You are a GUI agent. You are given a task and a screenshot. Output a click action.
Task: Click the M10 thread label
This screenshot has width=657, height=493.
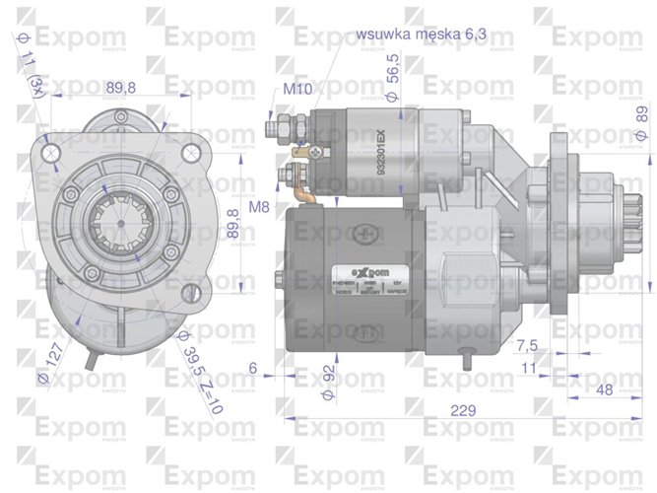coord(296,89)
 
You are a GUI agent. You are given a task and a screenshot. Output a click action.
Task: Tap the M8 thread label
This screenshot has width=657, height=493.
coord(259,207)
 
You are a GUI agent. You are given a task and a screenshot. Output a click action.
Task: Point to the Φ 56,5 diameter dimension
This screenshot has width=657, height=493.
coord(391,78)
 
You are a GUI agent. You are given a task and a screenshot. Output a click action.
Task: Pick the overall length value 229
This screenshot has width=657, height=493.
coord(439,410)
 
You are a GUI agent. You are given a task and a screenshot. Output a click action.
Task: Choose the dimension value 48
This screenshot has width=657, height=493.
coord(605,388)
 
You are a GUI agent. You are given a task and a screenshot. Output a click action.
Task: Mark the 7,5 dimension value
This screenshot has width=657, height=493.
coord(526,345)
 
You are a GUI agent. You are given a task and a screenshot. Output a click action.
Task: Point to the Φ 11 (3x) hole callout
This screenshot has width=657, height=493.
coord(32,63)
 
